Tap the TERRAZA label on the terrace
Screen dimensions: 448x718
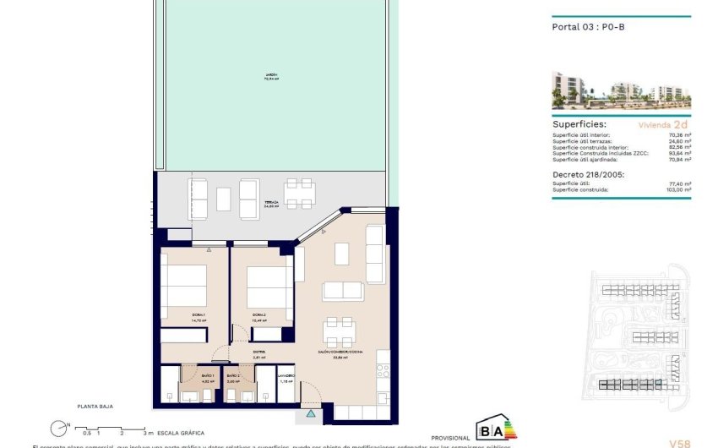pyautogui.click(x=271, y=204)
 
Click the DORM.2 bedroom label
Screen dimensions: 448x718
pyautogui.click(x=258, y=317)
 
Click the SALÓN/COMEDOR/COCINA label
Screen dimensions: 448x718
pyautogui.click(x=341, y=354)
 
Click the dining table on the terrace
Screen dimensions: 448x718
pyautogui.click(x=300, y=193)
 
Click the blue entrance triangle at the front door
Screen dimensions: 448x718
pyautogui.click(x=311, y=413)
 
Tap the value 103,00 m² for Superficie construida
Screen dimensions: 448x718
pyautogui.click(x=678, y=189)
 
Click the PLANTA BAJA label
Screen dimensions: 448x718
pyautogui.click(x=95, y=407)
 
